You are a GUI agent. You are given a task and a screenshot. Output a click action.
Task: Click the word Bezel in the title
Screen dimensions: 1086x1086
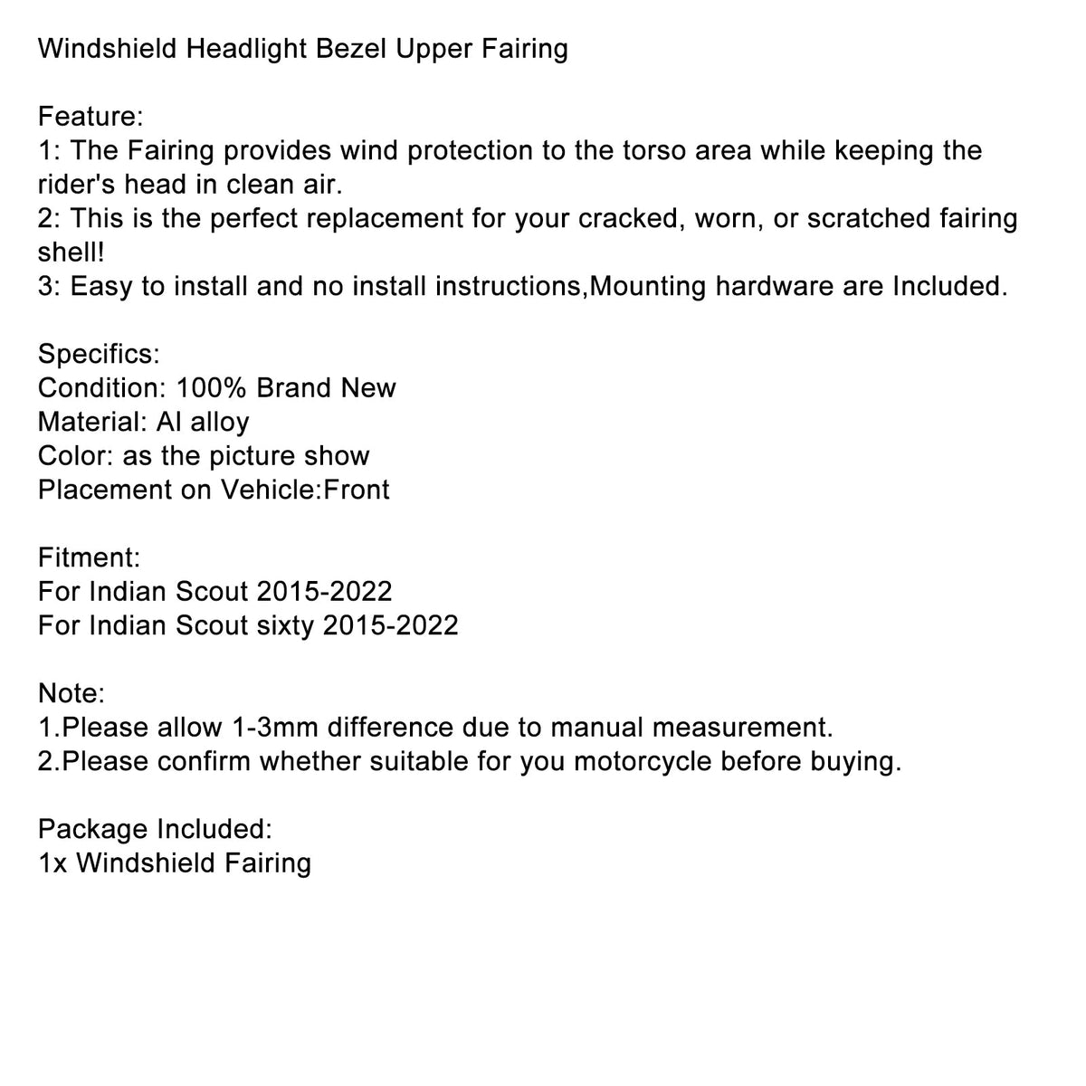click(340, 48)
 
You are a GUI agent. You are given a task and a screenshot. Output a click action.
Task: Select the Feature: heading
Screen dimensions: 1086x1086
click(90, 116)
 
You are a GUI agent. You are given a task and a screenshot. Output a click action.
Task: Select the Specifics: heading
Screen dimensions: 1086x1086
click(99, 353)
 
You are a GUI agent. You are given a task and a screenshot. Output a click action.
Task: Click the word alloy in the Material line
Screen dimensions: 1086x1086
click(220, 422)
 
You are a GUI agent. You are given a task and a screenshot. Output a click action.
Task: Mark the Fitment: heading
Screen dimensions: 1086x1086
click(89, 557)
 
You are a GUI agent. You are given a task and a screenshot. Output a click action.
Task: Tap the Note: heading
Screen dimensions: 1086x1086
click(71, 693)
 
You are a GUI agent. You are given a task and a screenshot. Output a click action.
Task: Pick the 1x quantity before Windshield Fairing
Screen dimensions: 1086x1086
click(52, 862)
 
